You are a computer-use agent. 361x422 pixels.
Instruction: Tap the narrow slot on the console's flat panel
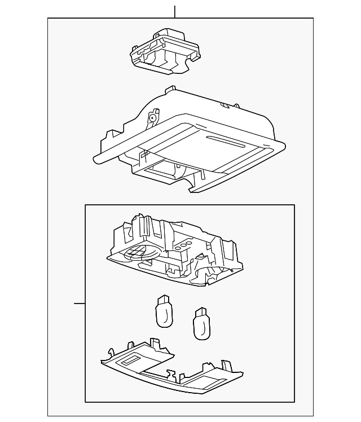[223, 140]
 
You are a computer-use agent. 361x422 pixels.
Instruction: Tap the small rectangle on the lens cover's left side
[133, 359]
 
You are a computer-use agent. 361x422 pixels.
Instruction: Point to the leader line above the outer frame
[175, 11]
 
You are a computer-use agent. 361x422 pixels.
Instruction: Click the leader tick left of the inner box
[80, 304]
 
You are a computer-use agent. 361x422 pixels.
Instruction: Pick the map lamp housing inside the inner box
[175, 248]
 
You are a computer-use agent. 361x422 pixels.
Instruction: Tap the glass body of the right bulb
[201, 328]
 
